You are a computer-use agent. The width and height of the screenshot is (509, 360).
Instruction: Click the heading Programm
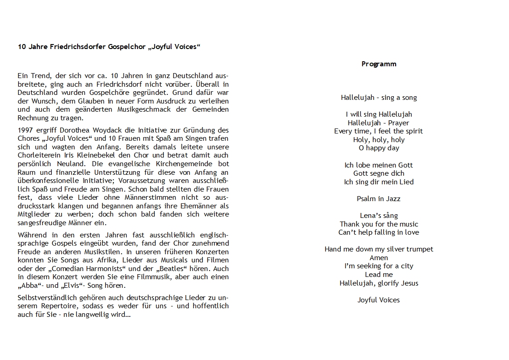tap(379, 64)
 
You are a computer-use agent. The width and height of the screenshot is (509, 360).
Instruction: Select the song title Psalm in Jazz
tap(379, 198)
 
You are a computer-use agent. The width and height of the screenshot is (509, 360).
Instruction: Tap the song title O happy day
tap(379, 148)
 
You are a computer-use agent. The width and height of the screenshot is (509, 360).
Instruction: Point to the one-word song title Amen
tap(379, 257)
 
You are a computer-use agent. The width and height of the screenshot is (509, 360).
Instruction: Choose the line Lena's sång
tap(379, 215)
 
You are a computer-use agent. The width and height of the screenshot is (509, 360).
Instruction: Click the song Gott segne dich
tap(379, 173)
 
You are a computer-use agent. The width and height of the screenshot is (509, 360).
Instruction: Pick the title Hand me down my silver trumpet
tap(379, 249)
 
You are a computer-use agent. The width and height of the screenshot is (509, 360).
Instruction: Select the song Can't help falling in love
tap(379, 232)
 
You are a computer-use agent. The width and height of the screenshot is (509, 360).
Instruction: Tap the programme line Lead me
tap(379, 274)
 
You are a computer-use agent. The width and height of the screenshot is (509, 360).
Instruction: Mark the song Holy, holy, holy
tap(379, 140)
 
